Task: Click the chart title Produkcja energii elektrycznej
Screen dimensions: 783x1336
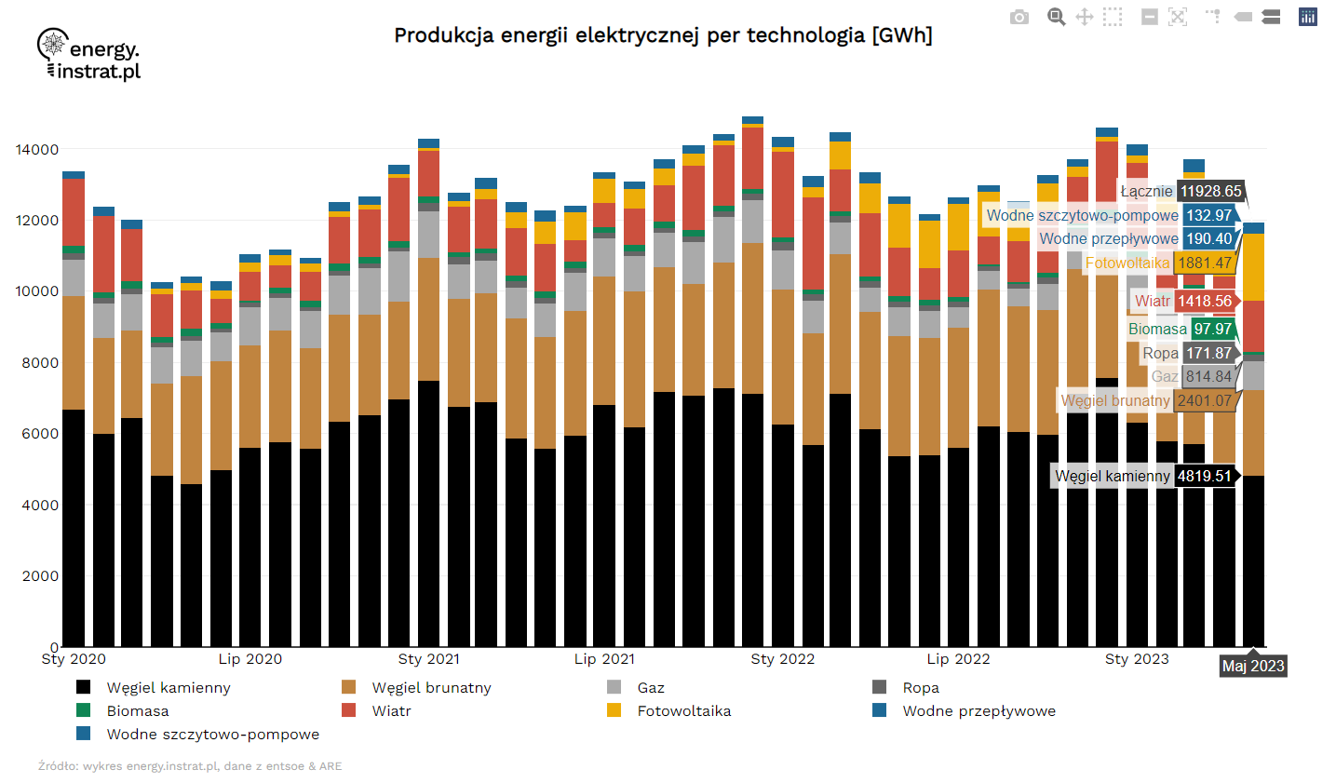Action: tap(663, 35)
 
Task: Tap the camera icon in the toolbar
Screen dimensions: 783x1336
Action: tap(1019, 17)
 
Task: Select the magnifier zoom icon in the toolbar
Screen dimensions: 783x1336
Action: tap(1056, 17)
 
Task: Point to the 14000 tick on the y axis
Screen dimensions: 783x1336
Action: tap(37, 149)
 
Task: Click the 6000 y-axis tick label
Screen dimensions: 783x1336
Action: tap(40, 434)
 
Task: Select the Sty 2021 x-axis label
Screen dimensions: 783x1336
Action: tap(428, 659)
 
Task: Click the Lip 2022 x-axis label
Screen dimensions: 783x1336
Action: tap(958, 659)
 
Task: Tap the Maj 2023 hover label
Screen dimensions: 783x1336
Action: tap(1253, 666)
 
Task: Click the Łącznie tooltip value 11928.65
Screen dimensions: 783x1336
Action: tap(1210, 191)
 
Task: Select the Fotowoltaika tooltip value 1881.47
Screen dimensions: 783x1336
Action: tap(1205, 263)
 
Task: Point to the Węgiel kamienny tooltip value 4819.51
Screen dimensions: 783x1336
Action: tap(1204, 476)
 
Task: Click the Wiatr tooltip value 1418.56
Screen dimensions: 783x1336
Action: tap(1205, 301)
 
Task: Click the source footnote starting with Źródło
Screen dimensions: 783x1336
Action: tap(190, 766)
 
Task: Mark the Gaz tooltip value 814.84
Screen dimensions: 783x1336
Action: tap(1208, 376)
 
